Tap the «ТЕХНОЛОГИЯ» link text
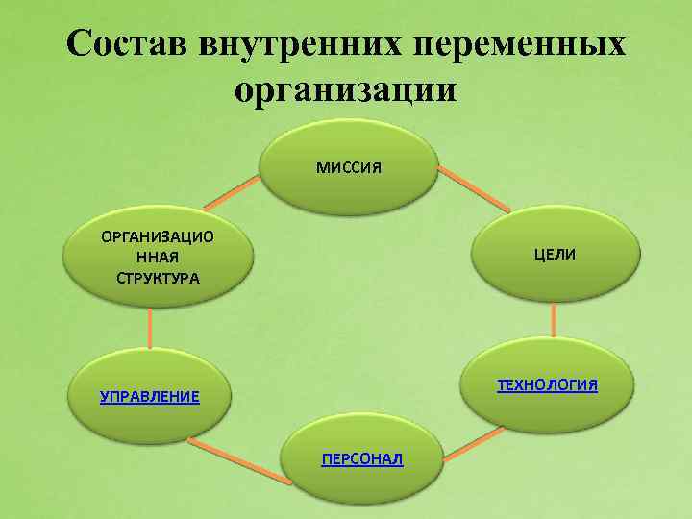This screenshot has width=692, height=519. [547, 385]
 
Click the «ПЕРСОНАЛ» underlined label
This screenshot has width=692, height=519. [362, 459]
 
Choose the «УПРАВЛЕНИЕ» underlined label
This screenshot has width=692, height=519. [150, 396]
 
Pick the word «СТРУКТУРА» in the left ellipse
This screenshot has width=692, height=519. [158, 279]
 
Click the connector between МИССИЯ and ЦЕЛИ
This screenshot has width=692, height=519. [474, 189]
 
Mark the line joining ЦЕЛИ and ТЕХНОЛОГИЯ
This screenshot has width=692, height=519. [555, 321]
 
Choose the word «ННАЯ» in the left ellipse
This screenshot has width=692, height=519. [158, 258]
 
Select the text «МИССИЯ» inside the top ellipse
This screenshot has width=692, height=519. [349, 168]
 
